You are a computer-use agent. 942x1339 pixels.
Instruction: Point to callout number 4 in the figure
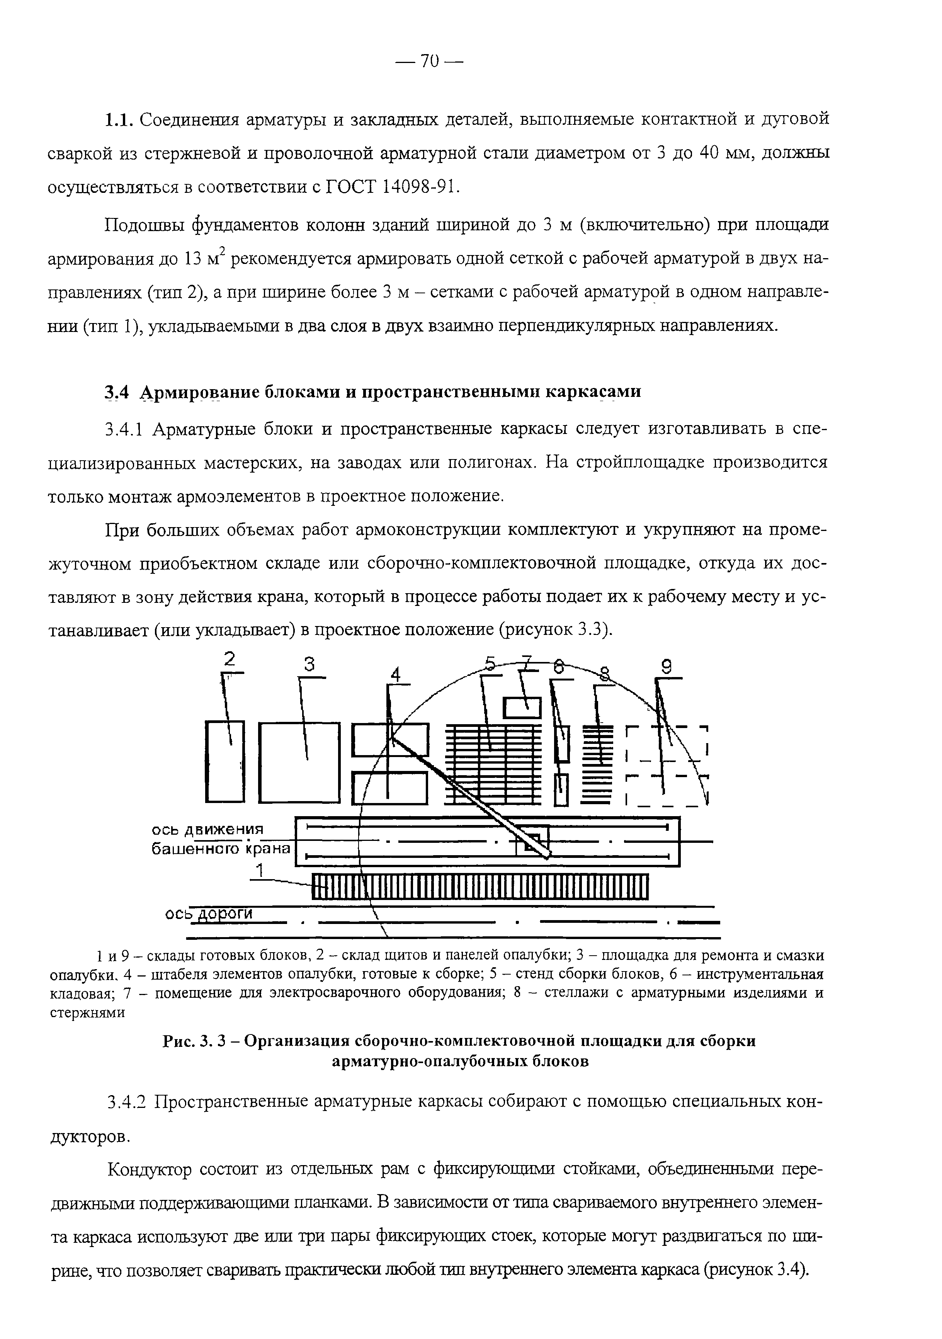(396, 675)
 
